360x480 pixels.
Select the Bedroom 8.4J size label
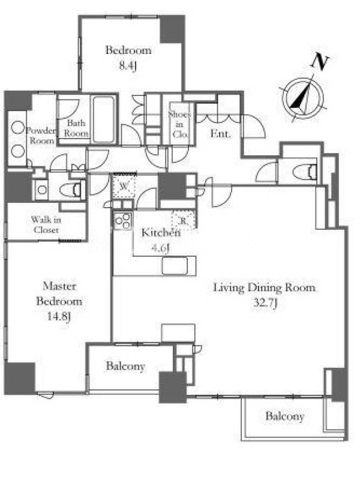pos(127,65)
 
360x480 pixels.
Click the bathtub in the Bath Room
pos(104,119)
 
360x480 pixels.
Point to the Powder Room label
pos(41,136)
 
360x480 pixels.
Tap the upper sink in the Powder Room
pos(17,128)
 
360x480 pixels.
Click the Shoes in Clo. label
pos(179,124)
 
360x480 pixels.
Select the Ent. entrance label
pos(220,133)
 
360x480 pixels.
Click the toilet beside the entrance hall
pos(305,172)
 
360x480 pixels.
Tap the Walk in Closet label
pos(46,224)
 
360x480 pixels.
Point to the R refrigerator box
pos(184,220)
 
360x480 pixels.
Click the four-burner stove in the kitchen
pos(123,220)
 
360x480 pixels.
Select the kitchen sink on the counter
pos(175,266)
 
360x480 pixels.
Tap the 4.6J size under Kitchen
pos(160,248)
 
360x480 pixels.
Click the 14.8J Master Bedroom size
pos(59,316)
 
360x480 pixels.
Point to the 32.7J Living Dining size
pos(265,304)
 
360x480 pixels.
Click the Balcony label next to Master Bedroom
pos(125,367)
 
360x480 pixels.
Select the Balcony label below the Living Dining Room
pos(284,416)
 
